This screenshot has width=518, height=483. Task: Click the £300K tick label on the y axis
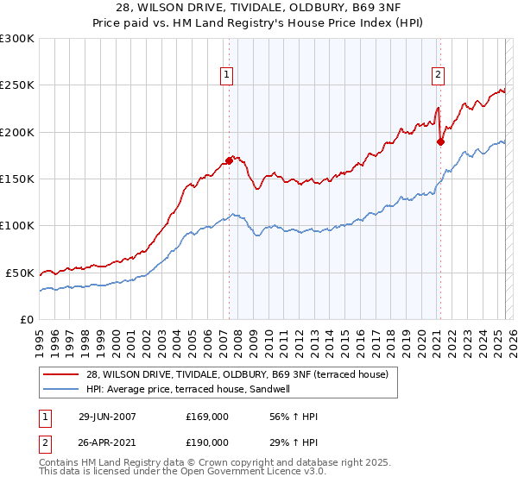tap(16, 39)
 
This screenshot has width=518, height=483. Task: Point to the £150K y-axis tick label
tap(16, 179)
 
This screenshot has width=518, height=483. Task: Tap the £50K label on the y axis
tap(19, 273)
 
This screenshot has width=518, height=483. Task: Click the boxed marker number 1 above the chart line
tap(226, 75)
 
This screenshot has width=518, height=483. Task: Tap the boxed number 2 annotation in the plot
tap(438, 75)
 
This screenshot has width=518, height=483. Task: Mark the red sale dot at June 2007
tap(230, 160)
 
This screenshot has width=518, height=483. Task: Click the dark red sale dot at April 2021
tap(440, 142)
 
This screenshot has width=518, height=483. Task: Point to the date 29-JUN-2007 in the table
tap(106, 417)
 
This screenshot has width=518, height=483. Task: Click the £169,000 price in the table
tap(207, 417)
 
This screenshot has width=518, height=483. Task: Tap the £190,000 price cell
tap(207, 442)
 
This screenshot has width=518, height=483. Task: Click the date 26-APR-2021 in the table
tap(106, 442)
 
